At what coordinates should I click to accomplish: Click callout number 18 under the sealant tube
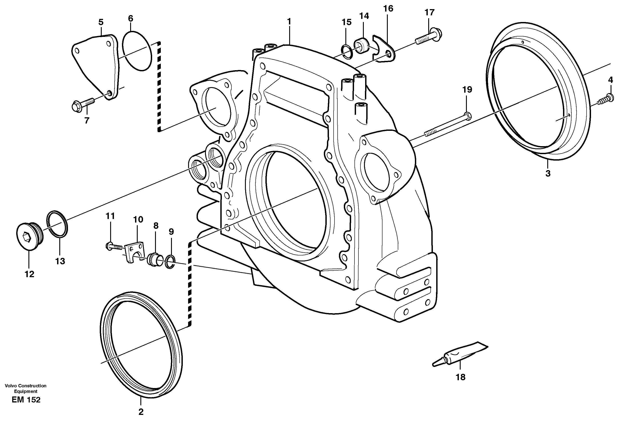(460, 377)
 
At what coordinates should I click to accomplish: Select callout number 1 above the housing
(289, 21)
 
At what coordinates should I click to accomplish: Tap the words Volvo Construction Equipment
(26, 388)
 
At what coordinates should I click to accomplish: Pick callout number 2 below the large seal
(141, 412)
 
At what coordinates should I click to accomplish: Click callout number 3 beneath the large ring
(548, 173)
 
